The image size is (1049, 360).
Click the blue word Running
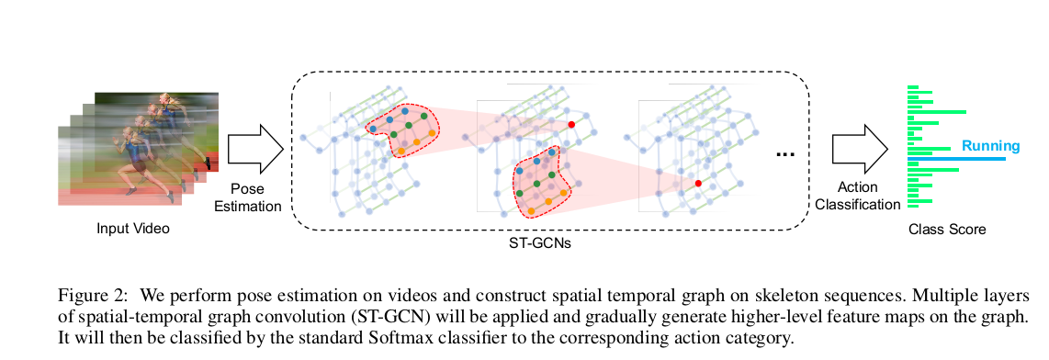[x=990, y=146]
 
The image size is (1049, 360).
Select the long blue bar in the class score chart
[x=955, y=159]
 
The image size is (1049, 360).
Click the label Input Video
[x=133, y=228]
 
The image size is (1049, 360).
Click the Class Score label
[x=946, y=230]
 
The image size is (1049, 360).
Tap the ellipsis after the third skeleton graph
[x=784, y=154]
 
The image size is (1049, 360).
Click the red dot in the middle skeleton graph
[x=570, y=124]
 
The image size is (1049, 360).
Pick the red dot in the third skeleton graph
[x=698, y=184]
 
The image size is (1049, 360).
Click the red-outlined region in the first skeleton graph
[x=403, y=129]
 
